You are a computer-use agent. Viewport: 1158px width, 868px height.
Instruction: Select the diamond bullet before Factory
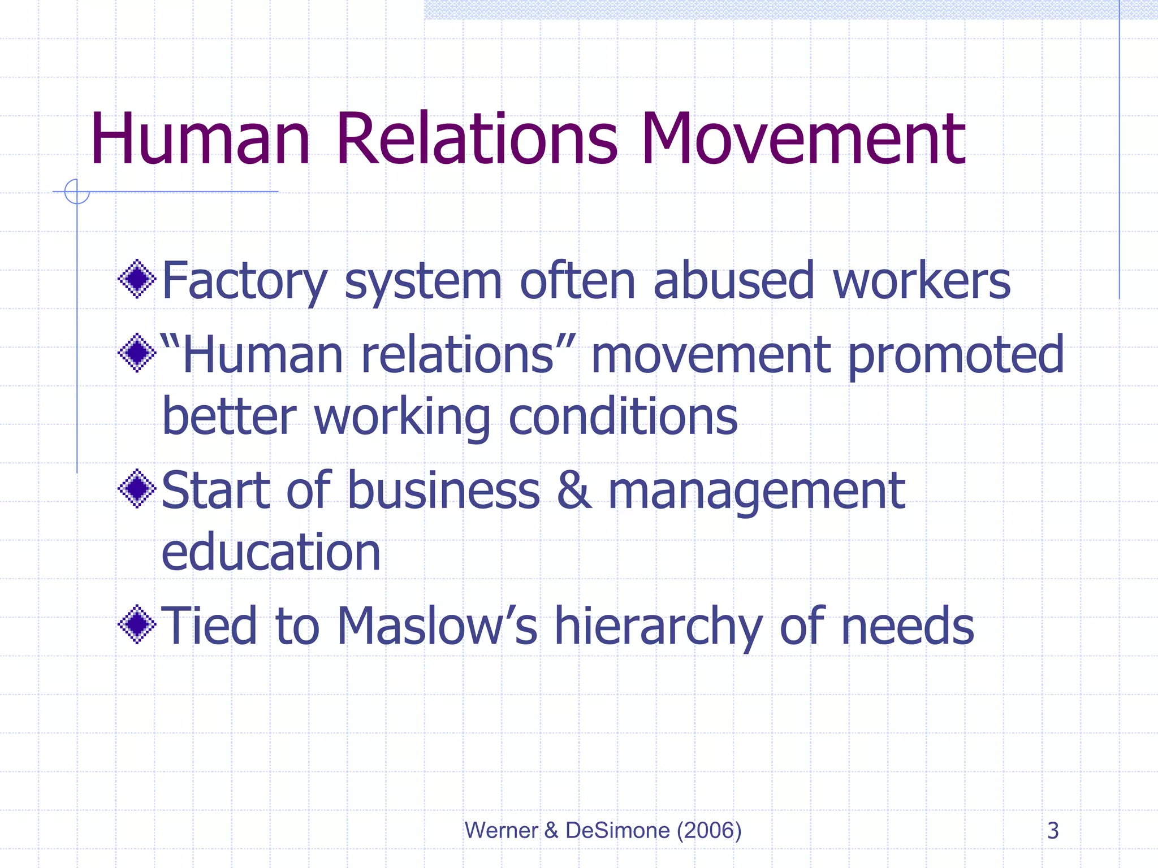point(137,279)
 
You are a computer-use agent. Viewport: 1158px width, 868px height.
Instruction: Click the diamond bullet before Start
point(137,489)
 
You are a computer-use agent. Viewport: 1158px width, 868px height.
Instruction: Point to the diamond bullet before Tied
point(137,624)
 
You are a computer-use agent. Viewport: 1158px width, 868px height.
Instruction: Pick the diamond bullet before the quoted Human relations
point(137,353)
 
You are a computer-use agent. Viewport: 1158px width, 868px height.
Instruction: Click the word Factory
point(244,281)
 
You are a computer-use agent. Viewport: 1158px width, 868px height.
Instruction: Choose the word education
point(271,552)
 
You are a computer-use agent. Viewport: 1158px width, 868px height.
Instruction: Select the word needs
point(907,626)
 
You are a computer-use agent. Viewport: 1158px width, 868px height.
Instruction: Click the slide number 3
point(1053,831)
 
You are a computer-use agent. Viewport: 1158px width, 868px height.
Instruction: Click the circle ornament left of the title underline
point(77,192)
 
